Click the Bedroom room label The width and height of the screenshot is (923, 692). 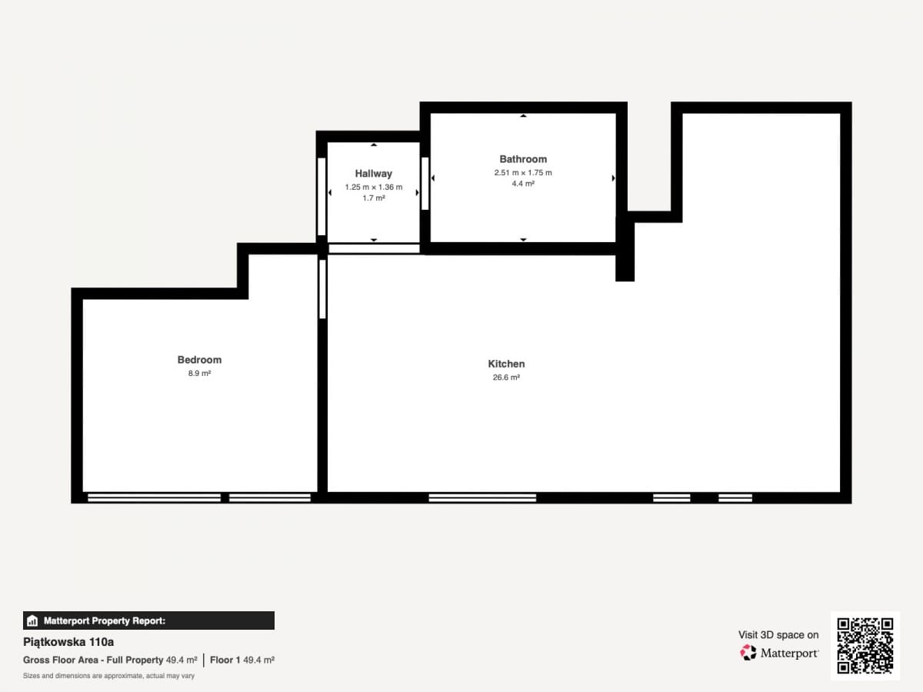(199, 360)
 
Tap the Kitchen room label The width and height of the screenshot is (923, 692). (506, 364)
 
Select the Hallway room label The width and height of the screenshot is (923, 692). (373, 174)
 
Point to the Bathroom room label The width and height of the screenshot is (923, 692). (523, 159)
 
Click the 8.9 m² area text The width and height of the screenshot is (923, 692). (199, 373)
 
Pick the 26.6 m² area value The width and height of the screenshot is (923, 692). (506, 378)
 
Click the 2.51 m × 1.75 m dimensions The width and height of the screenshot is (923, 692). (523, 173)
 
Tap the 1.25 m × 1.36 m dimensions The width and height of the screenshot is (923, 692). (373, 187)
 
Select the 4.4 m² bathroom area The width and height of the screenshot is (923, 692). (523, 184)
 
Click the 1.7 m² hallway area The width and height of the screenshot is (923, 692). (373, 198)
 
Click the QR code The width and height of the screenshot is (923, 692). (865, 645)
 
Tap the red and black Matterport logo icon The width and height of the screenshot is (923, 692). (748, 653)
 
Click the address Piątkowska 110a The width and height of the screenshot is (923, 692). (68, 642)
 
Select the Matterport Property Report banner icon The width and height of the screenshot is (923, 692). (32, 620)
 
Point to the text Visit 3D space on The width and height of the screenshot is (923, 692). (778, 635)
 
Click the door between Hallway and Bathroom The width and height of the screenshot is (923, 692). (425, 183)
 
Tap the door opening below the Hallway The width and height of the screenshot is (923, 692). (374, 248)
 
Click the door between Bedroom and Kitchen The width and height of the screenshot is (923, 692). (322, 289)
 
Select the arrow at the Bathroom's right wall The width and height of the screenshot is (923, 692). (613, 178)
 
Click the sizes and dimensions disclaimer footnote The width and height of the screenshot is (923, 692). (108, 676)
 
